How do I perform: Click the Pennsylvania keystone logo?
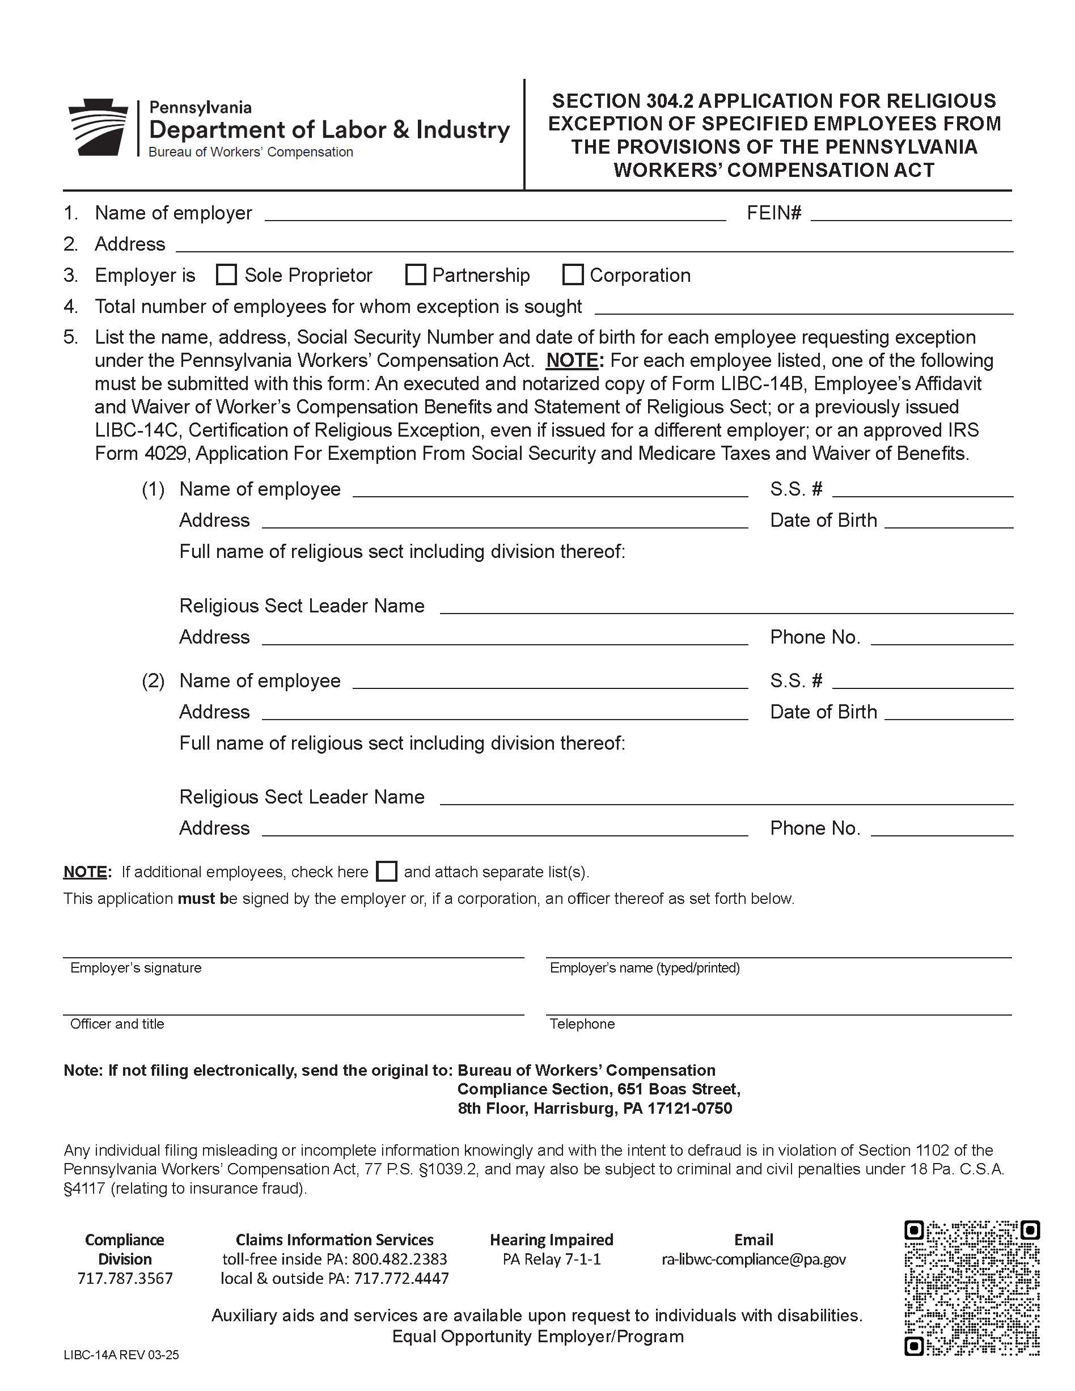coord(98,127)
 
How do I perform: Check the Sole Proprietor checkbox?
coord(226,274)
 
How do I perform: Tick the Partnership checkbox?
coord(415,274)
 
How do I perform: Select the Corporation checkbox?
coord(573,274)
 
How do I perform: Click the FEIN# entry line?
coord(911,215)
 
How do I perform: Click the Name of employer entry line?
coord(495,215)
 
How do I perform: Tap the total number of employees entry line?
coord(804,308)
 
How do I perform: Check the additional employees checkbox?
coord(387,871)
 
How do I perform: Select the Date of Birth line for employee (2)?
coord(949,713)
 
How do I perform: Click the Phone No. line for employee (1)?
coord(941,639)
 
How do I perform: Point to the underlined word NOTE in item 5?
coord(573,361)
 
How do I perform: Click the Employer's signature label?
coord(136,967)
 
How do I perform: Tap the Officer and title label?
coord(117,1024)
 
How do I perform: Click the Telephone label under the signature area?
coord(582,1024)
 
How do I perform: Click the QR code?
coord(972,1288)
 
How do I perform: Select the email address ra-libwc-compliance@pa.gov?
coord(754,1259)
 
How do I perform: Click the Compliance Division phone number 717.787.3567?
coord(125,1278)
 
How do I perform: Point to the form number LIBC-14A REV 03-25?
coord(121,1355)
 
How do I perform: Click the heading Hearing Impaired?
coord(552,1240)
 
